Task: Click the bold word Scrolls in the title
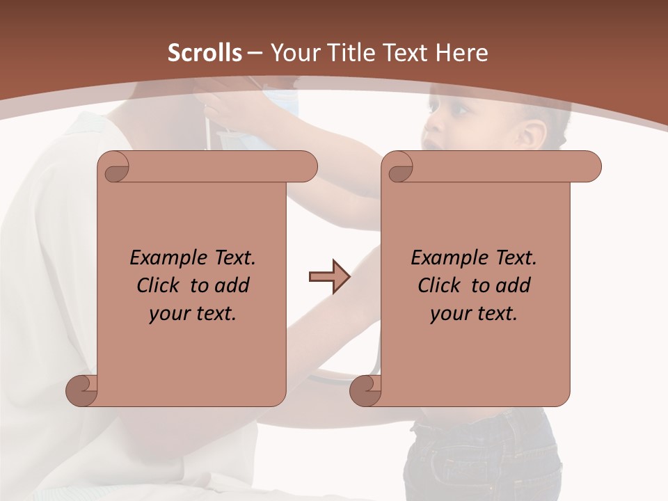pyautogui.click(x=205, y=53)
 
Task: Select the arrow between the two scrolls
pyautogui.click(x=329, y=277)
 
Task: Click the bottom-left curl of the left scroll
pyautogui.click(x=81, y=391)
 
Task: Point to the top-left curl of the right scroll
pyautogui.click(x=399, y=167)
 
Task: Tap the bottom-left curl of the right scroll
pyautogui.click(x=365, y=391)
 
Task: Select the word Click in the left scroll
pyautogui.click(x=157, y=285)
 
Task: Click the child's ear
pyautogui.click(x=533, y=134)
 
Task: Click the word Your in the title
pyautogui.click(x=292, y=53)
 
